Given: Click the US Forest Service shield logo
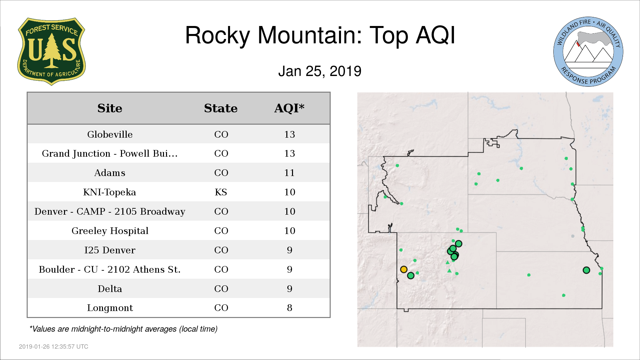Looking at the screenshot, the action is point(51,52).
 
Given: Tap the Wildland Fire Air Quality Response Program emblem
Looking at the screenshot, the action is point(588,52).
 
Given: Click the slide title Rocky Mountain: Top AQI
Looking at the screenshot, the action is point(320,35).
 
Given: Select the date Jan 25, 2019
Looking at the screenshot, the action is point(320,71).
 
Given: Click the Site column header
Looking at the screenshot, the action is point(110,108).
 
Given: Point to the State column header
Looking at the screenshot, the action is point(221,108).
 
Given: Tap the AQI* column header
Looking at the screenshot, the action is point(289,108).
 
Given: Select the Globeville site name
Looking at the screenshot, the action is point(110,134).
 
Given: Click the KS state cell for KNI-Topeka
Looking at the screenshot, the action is point(221,192).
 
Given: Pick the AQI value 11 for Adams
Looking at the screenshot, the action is point(289,173).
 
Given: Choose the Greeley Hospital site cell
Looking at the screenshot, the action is point(110,231).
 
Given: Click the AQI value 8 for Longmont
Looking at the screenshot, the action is point(290,308).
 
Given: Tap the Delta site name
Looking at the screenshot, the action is point(110,289).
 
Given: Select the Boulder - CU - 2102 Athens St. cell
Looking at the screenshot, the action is point(110,269).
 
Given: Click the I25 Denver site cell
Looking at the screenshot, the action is point(110,250).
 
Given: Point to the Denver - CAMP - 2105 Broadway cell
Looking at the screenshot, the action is point(110,212).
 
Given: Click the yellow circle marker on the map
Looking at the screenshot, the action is point(404,269).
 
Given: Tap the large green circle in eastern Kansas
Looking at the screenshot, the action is point(586,270).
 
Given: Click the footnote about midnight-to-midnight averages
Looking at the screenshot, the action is point(123,329).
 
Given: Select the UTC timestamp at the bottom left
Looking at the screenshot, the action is point(54,347).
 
